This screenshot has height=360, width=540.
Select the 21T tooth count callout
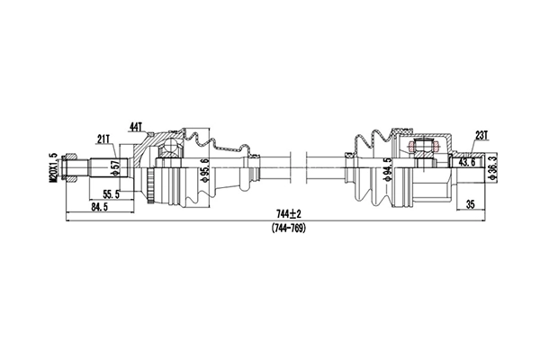pos(104,138)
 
